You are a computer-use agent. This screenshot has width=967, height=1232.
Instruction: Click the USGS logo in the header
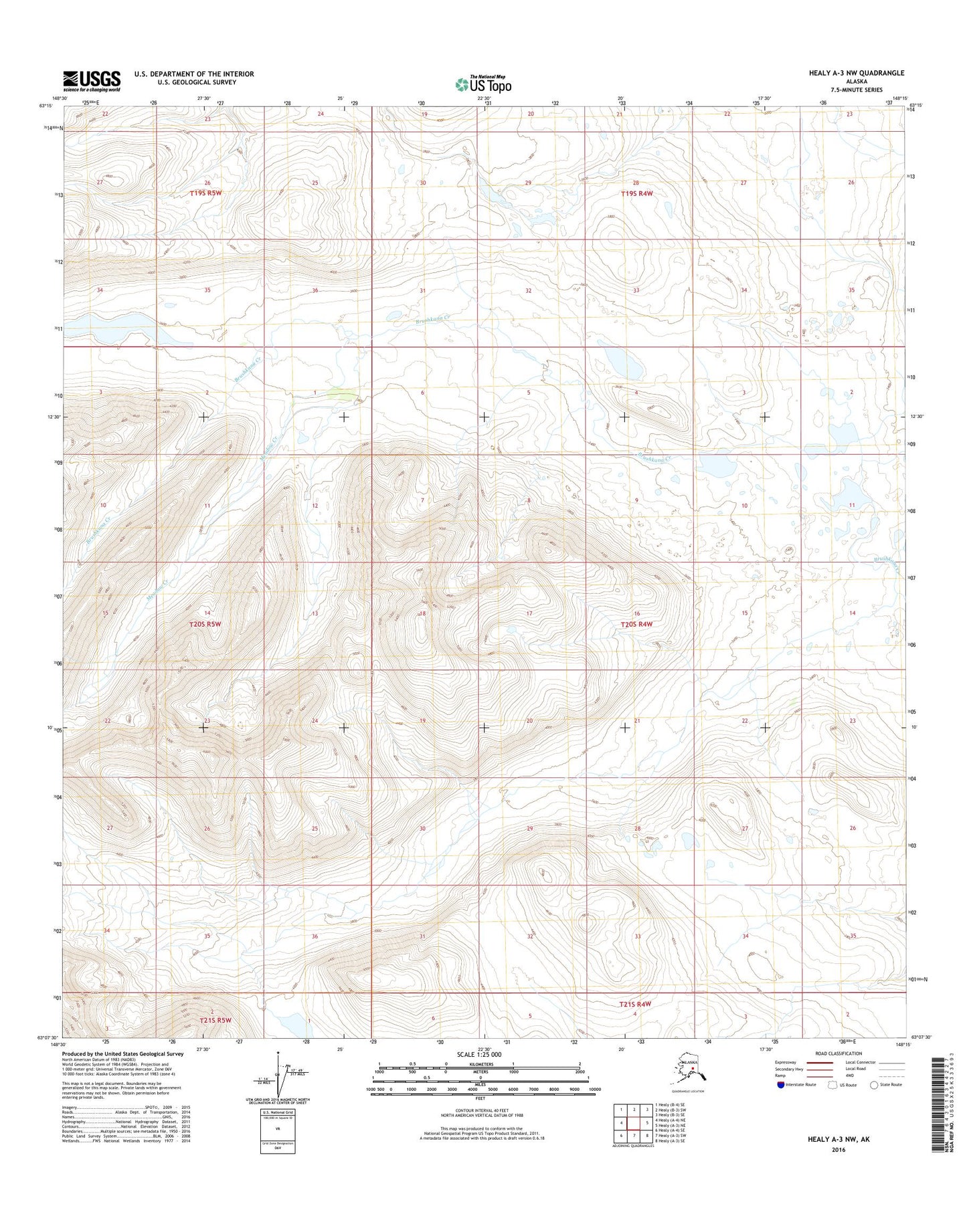[92, 81]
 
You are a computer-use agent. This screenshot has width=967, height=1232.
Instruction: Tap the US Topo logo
[483, 84]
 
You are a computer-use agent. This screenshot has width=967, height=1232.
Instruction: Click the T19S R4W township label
[636, 193]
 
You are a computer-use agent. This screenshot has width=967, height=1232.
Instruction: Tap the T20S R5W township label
[204, 624]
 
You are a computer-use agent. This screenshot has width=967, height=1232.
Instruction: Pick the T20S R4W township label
[636, 624]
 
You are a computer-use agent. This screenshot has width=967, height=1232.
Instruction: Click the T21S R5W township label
[215, 1021]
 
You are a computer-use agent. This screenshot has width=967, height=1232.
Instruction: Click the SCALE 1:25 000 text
[478, 1054]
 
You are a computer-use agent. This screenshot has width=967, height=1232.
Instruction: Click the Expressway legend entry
[785, 1062]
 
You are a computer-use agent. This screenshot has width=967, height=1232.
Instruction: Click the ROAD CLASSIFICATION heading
[839, 1053]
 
